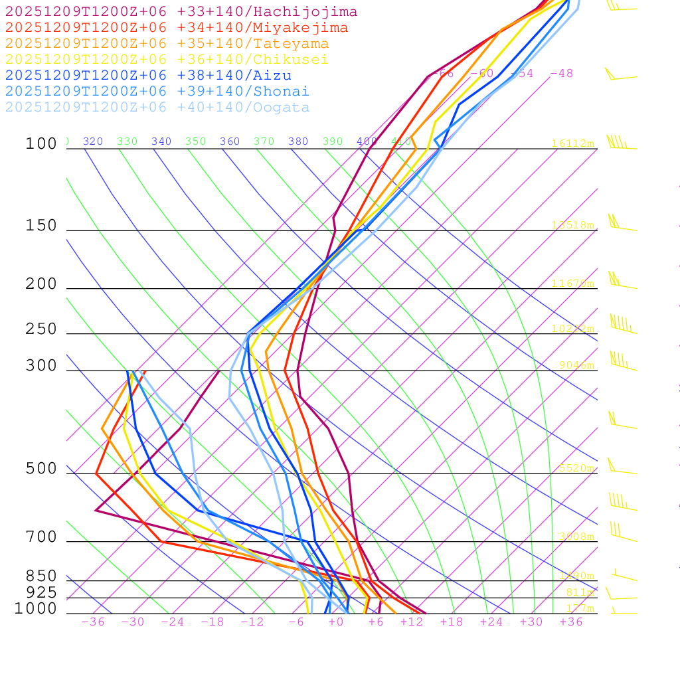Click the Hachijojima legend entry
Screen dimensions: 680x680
point(181,12)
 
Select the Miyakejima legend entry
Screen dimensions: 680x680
point(176,28)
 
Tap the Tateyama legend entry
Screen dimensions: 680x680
point(167,44)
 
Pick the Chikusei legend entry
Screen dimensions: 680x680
point(167,60)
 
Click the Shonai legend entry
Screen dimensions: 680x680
point(157,91)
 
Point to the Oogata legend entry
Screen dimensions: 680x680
point(157,107)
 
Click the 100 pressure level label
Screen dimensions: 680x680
point(41,144)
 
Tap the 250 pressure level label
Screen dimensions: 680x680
point(41,329)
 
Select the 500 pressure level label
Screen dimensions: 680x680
point(41,469)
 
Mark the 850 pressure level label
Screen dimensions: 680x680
point(41,576)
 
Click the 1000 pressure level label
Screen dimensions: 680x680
point(35,609)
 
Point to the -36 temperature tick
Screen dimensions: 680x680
point(92,622)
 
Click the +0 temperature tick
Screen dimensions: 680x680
point(335,622)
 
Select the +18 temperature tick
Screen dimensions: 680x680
point(451,622)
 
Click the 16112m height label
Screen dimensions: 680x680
point(572,143)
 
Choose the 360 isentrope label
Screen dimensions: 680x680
point(230,141)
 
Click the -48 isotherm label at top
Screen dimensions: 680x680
point(561,74)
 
